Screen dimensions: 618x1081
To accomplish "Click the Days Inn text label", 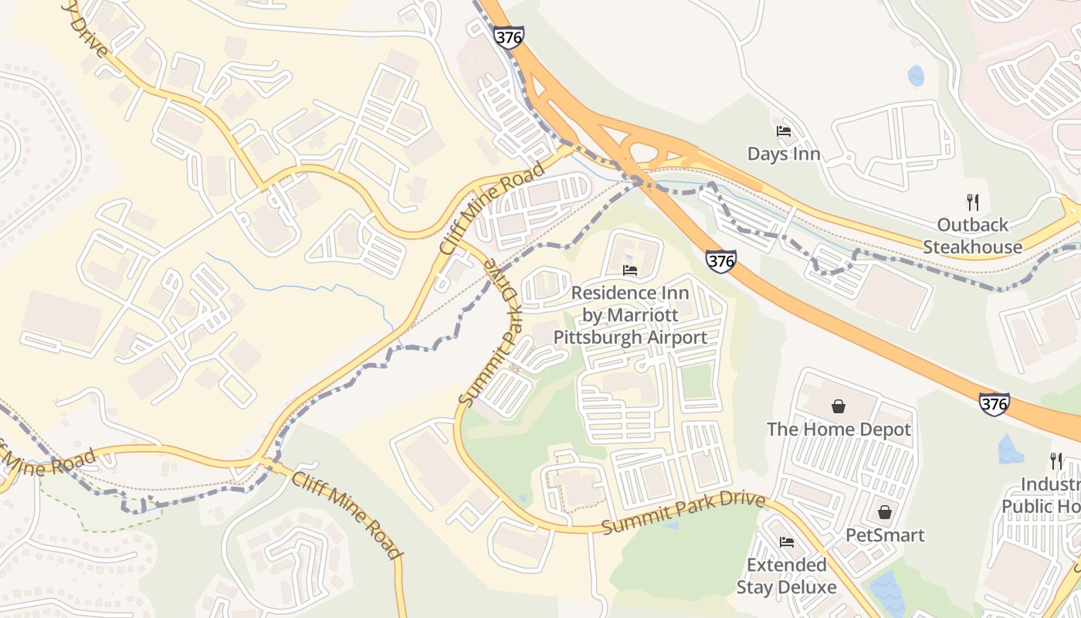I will click(x=784, y=154).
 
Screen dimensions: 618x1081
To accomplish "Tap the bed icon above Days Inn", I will click(x=784, y=131).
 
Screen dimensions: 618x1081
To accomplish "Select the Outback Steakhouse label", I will click(x=972, y=236).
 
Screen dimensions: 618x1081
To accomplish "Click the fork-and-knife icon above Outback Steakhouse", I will click(x=973, y=202).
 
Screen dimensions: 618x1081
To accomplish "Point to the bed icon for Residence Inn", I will click(x=630, y=270).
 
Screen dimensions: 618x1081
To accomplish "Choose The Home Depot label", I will click(x=839, y=429).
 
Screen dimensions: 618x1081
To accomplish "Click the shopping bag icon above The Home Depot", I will click(x=838, y=406).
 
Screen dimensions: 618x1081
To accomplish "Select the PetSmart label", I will click(x=885, y=535).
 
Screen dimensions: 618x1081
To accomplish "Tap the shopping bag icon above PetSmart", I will click(x=885, y=512).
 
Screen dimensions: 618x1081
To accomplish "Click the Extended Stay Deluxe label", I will click(x=786, y=576).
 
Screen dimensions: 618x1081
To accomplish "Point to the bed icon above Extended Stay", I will click(x=787, y=542).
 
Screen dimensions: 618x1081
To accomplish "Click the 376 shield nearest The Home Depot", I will click(x=994, y=404).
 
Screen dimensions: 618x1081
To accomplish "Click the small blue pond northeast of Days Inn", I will click(x=916, y=76).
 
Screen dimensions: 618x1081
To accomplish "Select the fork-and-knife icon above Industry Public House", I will click(x=1056, y=461).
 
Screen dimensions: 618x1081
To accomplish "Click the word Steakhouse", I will click(x=972, y=247).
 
